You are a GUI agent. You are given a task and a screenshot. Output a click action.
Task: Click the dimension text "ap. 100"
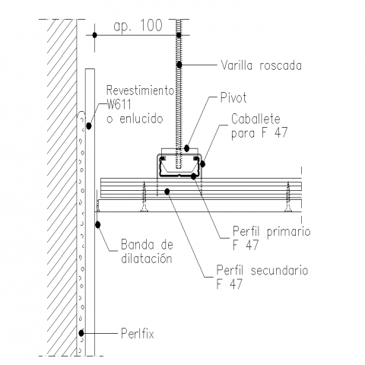(x=138, y=26)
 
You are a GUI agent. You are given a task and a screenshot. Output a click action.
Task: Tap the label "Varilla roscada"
(x=261, y=65)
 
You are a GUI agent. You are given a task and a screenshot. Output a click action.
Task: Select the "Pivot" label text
(x=233, y=98)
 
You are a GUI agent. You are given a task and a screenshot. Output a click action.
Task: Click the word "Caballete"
(x=255, y=119)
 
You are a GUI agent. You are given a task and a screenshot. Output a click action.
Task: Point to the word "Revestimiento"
(x=140, y=90)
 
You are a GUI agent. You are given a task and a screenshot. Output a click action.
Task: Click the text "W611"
(x=119, y=104)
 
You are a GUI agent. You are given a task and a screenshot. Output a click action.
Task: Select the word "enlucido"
(x=141, y=119)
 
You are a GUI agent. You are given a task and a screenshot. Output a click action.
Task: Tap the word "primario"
(x=289, y=232)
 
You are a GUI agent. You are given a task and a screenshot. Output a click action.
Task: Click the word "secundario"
(x=280, y=270)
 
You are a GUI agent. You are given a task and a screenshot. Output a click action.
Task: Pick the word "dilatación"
(x=147, y=259)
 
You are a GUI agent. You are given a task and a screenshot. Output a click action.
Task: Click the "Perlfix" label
(x=138, y=334)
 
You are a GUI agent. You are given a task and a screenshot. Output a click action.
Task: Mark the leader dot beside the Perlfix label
(x=81, y=333)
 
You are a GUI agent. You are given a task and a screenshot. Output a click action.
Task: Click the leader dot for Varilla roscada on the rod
(x=179, y=65)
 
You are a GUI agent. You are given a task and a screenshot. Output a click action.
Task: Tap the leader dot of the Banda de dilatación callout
(x=98, y=224)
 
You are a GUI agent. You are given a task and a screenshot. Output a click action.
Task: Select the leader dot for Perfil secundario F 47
(x=167, y=192)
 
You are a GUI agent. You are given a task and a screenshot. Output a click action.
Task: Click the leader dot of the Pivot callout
(x=187, y=148)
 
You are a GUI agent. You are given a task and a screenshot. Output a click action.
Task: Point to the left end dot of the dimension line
(x=94, y=35)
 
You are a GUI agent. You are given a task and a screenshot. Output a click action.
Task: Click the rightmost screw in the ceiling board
(x=288, y=197)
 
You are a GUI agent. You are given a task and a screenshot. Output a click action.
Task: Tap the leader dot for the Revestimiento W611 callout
(x=89, y=125)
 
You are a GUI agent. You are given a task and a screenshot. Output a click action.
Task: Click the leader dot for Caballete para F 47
(x=202, y=164)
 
